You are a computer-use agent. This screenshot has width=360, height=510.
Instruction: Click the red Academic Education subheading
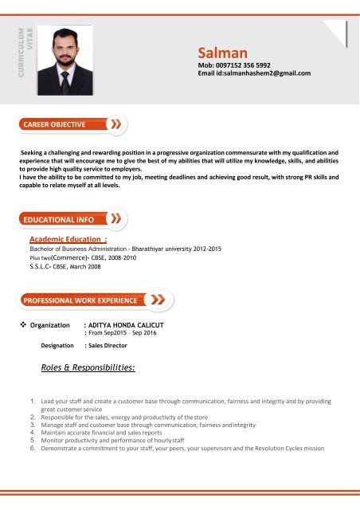(x=68, y=239)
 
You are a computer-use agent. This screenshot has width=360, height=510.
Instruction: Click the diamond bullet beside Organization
(x=22, y=326)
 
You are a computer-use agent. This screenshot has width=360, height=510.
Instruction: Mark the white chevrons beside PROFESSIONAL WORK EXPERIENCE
(x=159, y=300)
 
